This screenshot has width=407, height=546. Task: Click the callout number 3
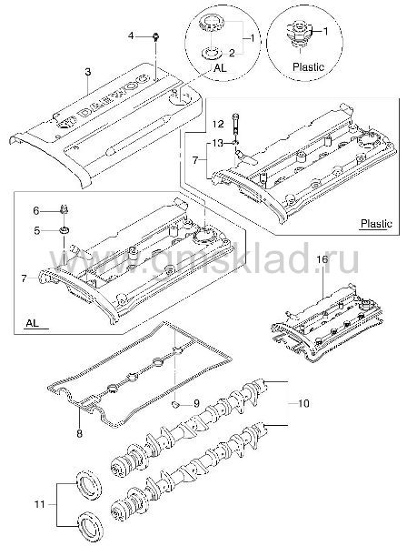pos(88,72)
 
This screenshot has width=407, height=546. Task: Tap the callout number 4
pos(131,35)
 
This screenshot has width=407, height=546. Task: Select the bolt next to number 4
pos(155,36)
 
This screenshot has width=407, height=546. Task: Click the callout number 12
pos(219,124)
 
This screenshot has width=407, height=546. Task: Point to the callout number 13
pos(219,143)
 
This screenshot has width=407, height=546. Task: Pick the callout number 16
pos(323,259)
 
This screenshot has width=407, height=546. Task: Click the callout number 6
pos(37,211)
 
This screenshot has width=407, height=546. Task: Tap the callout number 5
pos(37,230)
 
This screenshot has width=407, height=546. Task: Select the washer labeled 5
pos(65,229)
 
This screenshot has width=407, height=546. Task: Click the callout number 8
pos(80,434)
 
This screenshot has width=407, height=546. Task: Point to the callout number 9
pos(196,403)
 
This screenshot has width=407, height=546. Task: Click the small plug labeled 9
pos(176,404)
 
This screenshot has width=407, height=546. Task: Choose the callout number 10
pos(303,403)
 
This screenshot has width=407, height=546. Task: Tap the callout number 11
pos(40,504)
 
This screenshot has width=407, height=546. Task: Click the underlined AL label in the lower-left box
pos(33,323)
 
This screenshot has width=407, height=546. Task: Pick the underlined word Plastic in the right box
pos(376,223)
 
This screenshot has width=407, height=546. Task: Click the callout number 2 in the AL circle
pos(232,53)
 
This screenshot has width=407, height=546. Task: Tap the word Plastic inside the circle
pos(308,66)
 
